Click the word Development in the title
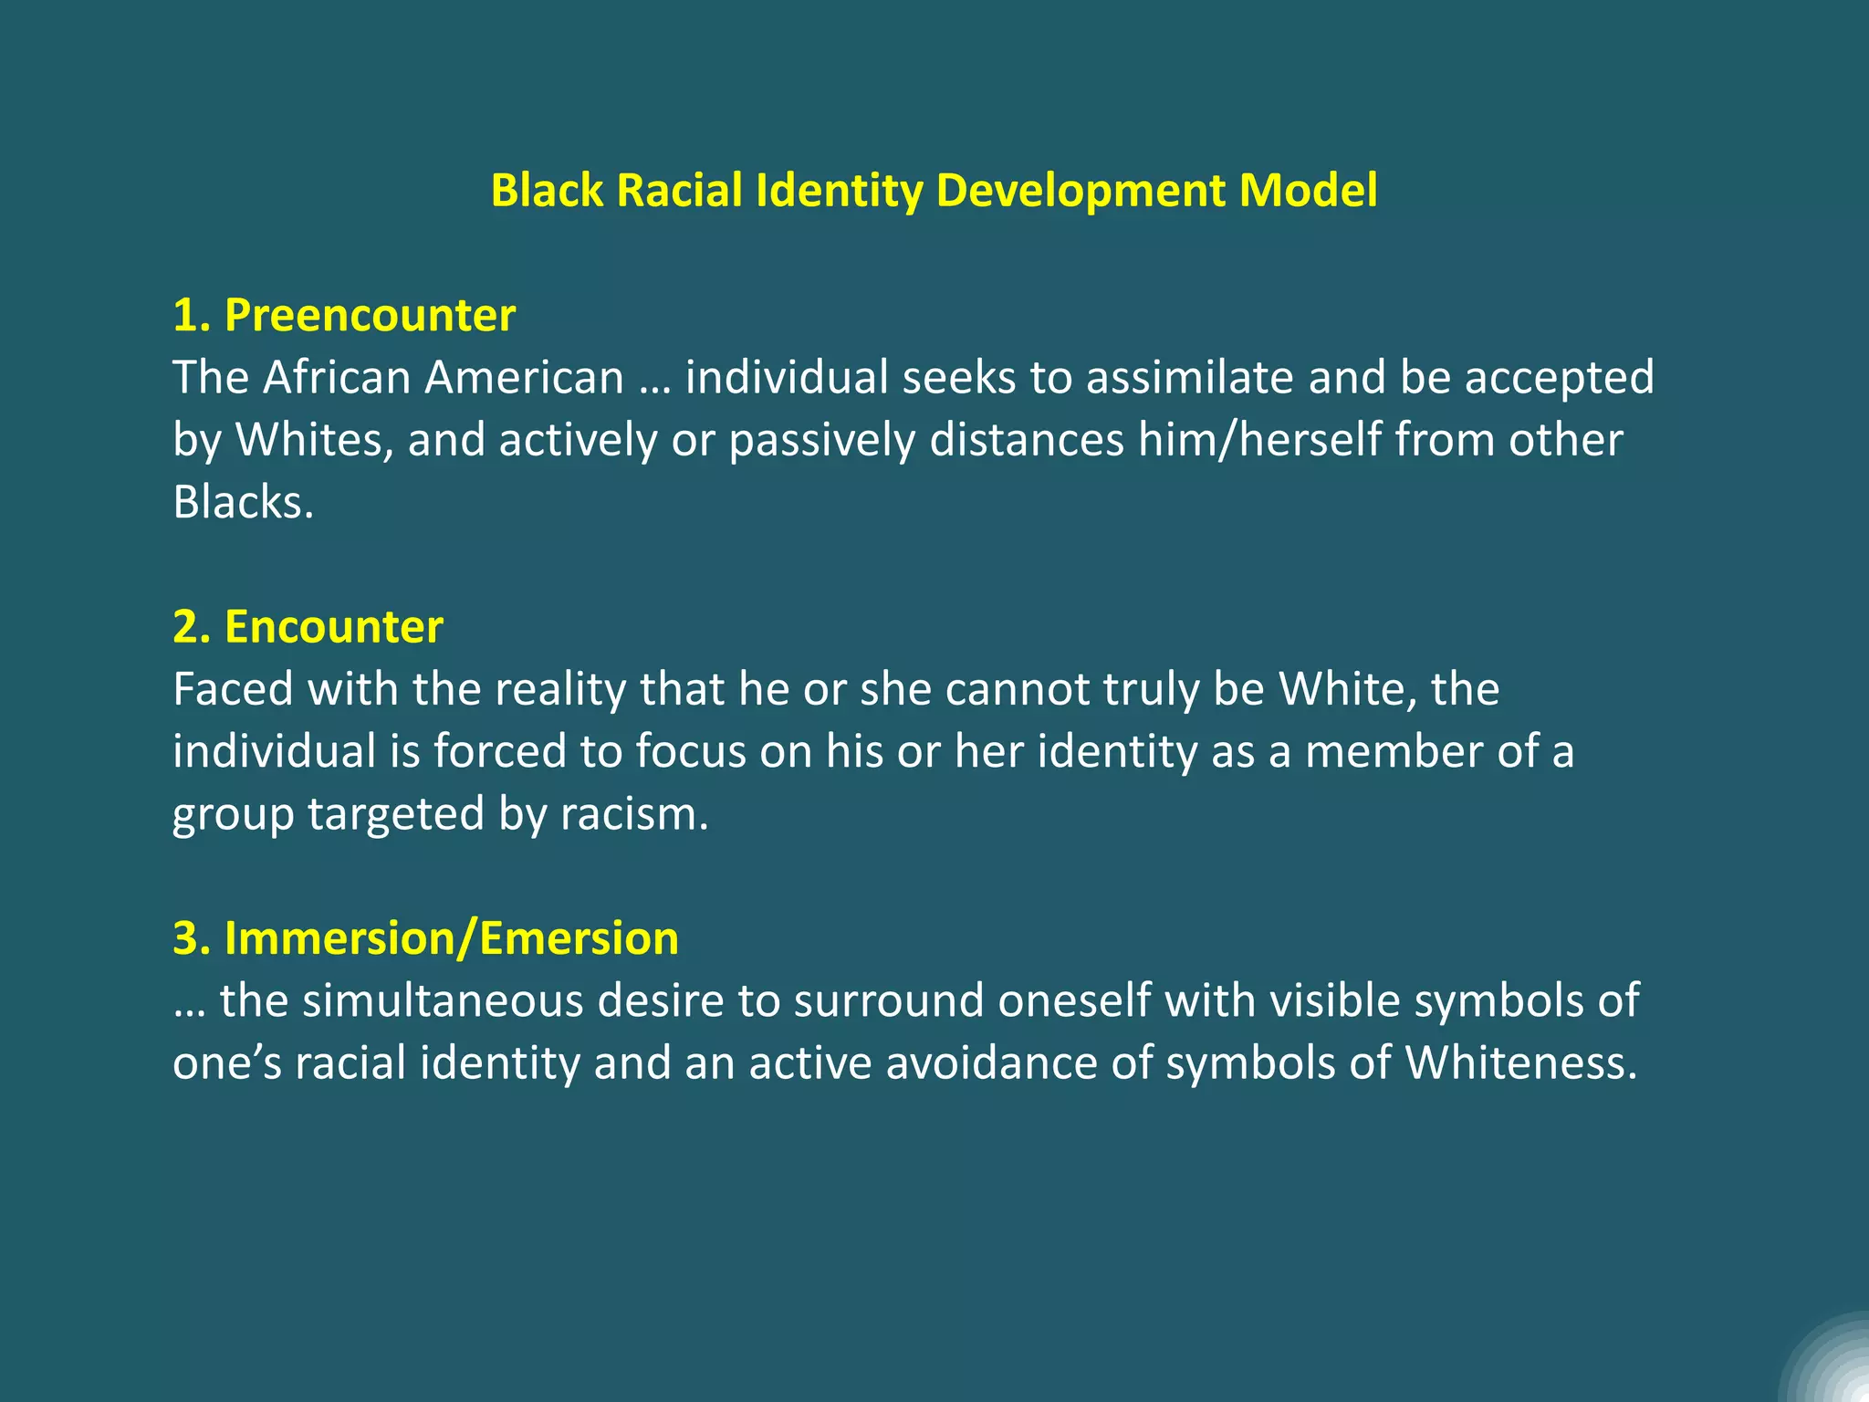click(1080, 191)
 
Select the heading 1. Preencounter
click(344, 315)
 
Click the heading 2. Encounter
click(308, 627)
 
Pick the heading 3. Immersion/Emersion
click(425, 938)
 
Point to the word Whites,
click(315, 439)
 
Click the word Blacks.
click(243, 501)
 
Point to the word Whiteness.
click(1520, 1062)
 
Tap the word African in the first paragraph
click(337, 377)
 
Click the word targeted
click(395, 813)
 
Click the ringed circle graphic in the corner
click(1830, 1365)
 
